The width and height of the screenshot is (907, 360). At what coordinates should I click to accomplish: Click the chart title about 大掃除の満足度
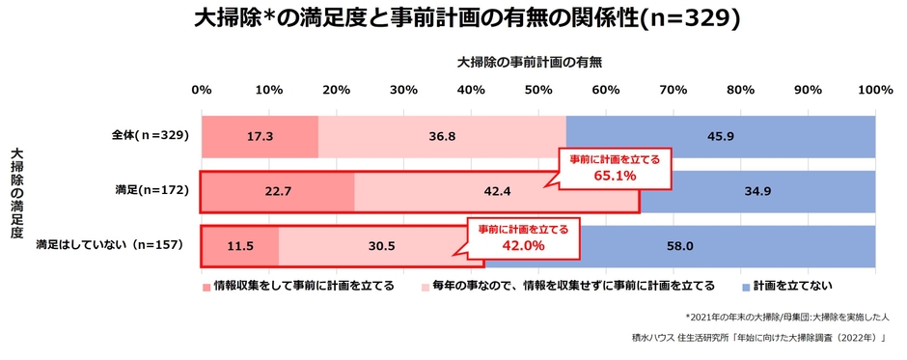pos(453,18)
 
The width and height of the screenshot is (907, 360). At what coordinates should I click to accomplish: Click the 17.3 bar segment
pos(260,136)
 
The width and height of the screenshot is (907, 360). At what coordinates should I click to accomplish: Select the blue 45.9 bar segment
pos(720,136)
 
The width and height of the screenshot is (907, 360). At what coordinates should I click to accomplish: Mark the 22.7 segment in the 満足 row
pos(278,191)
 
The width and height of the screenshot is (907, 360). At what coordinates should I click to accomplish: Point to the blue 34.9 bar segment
pos(757,191)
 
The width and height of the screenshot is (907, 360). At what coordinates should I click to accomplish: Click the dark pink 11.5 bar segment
pos(240,246)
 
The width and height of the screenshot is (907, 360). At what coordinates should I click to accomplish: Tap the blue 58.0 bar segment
pos(679,246)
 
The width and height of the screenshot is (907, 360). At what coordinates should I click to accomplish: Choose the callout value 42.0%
pos(524,245)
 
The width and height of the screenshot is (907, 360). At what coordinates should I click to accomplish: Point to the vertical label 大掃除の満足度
pos(15,200)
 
